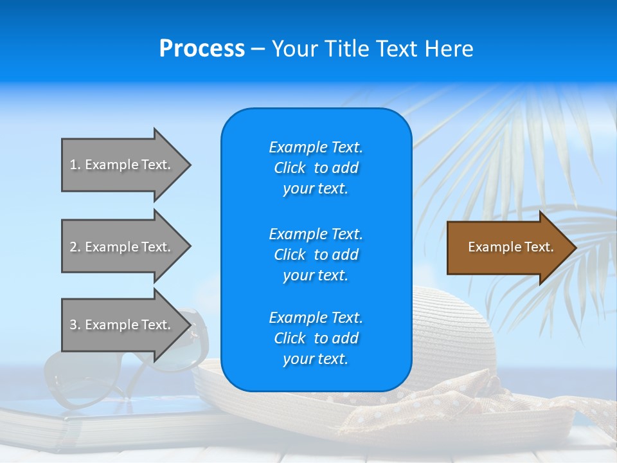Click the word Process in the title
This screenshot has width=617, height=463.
[202, 49]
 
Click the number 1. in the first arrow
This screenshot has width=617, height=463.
[75, 165]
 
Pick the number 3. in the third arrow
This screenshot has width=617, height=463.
[75, 325]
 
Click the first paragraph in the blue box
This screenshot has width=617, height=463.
[316, 168]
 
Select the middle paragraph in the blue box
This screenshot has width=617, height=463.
[316, 255]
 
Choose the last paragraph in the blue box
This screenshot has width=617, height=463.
[316, 338]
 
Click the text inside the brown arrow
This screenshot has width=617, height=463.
[511, 247]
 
